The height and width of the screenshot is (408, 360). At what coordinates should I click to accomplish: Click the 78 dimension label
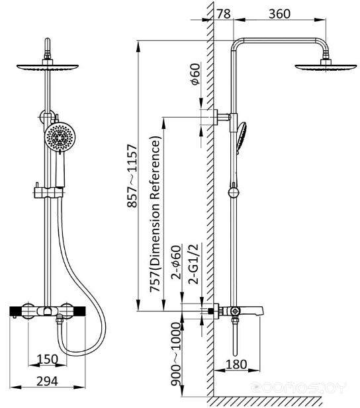pos(224,14)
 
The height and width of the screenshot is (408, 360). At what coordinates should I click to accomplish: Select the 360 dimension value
pos(279,14)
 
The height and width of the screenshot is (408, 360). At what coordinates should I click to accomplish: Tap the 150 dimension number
pos(47,359)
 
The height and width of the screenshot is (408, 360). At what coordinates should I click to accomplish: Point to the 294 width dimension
pos(47,382)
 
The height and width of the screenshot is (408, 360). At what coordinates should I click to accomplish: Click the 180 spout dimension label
pos(236,364)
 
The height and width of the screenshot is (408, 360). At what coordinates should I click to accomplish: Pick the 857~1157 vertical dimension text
pos(132,176)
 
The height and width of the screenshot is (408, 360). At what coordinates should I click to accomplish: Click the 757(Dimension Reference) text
pos(155,214)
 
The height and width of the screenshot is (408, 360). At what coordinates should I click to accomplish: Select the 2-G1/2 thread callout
pos(193,264)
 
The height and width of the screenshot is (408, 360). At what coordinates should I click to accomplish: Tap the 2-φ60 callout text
pos(176,263)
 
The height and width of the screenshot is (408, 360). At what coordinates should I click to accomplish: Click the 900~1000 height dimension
pos(176,354)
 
